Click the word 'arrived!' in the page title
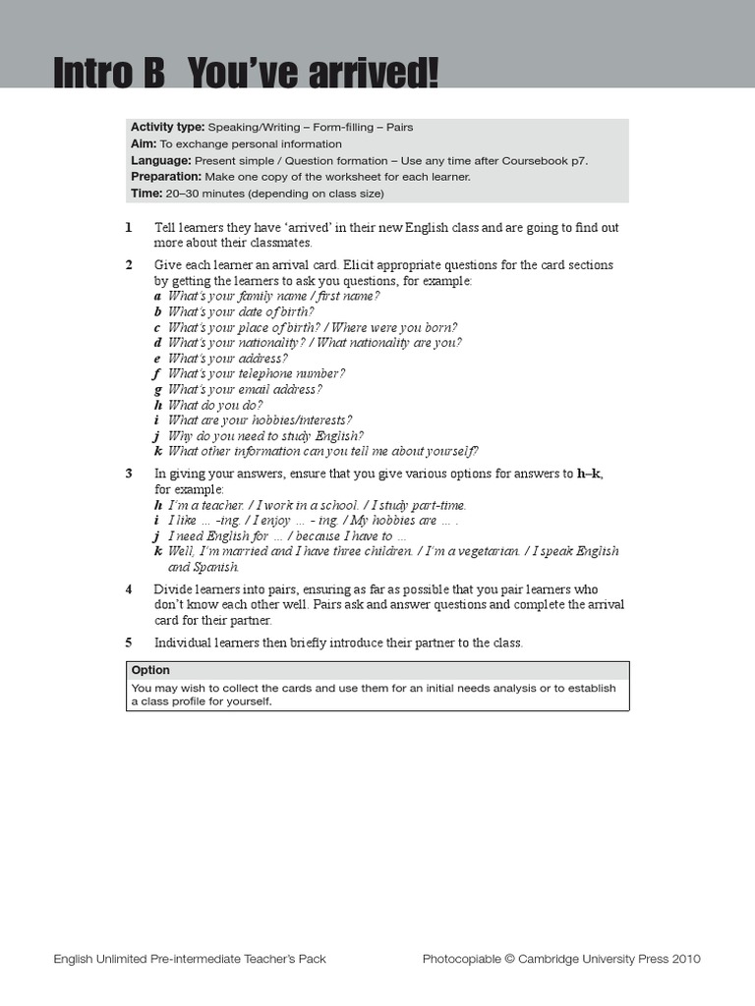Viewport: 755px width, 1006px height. pyautogui.click(x=374, y=74)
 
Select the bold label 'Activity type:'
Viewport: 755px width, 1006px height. pyautogui.click(x=167, y=128)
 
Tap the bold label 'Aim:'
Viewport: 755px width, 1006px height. pyautogui.click(x=144, y=143)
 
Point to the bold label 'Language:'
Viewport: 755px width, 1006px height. pyautogui.click(x=160, y=160)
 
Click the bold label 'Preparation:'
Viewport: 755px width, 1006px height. pyautogui.click(x=166, y=177)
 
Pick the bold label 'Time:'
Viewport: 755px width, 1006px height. pyautogui.click(x=146, y=194)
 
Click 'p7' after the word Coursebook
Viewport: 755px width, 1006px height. pyautogui.click(x=579, y=160)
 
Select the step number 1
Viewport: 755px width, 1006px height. pyautogui.click(x=129, y=228)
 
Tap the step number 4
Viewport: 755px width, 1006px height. pyautogui.click(x=129, y=589)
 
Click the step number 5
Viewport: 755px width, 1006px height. pyautogui.click(x=129, y=643)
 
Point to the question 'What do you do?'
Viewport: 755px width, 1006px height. pyautogui.click(x=215, y=405)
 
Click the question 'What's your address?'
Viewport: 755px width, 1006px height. pyautogui.click(x=227, y=359)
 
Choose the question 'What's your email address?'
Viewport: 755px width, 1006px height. pyautogui.click(x=244, y=390)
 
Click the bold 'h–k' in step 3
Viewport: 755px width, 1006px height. pyautogui.click(x=588, y=474)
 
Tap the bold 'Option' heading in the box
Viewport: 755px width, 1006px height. pyautogui.click(x=150, y=670)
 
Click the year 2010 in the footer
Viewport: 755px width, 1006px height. pyautogui.click(x=686, y=959)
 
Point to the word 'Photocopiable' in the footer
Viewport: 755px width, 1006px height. pyautogui.click(x=459, y=959)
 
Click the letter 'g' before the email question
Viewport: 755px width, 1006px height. pyautogui.click(x=157, y=390)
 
